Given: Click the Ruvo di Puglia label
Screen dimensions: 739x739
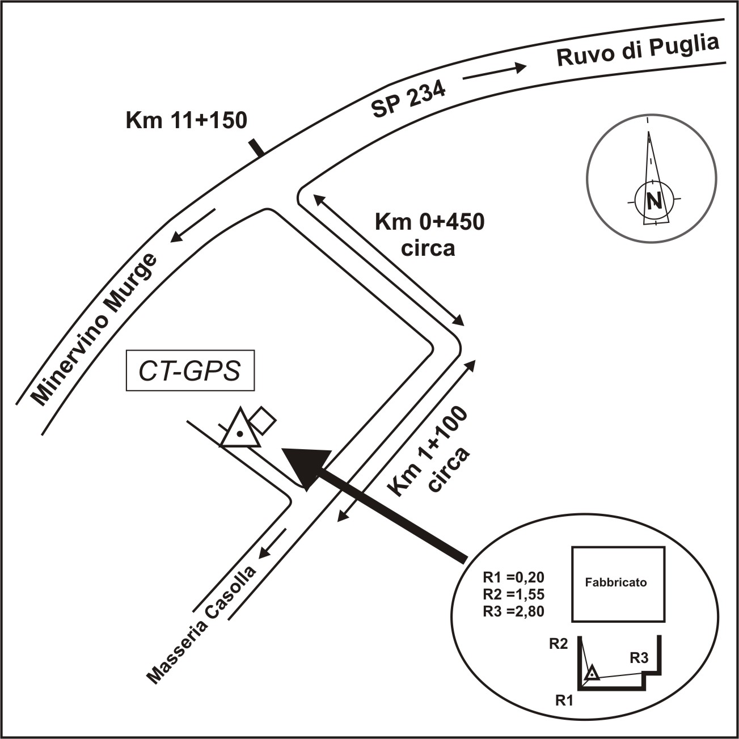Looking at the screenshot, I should pyautogui.click(x=638, y=51).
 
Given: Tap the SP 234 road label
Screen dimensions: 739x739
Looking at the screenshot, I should pyautogui.click(x=408, y=100).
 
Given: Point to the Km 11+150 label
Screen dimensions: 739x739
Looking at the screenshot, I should pyautogui.click(x=187, y=120).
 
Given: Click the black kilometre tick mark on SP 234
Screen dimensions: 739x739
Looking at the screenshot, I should pyautogui.click(x=256, y=147).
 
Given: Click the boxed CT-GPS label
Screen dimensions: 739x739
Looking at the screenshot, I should pyautogui.click(x=190, y=373).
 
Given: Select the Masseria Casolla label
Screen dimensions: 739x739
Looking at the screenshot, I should pyautogui.click(x=201, y=624).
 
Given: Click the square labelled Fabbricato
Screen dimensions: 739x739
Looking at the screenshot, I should pyautogui.click(x=618, y=584).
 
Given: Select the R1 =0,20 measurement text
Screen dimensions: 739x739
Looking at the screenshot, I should pyautogui.click(x=513, y=577).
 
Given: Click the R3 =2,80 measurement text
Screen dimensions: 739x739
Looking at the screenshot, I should pyautogui.click(x=513, y=611).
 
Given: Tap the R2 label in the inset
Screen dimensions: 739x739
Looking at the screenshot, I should pyautogui.click(x=558, y=644).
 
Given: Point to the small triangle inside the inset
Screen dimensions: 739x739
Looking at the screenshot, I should pyautogui.click(x=592, y=673).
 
